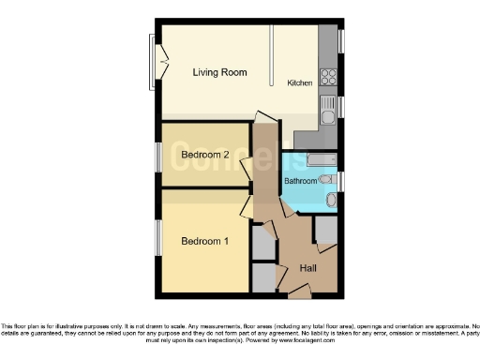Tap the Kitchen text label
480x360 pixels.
click(299, 83)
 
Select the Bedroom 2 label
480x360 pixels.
click(206, 155)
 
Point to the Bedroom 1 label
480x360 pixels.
click(204, 240)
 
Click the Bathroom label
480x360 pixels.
click(301, 181)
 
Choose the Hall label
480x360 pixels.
click(307, 269)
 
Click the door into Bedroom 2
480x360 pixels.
click(246, 169)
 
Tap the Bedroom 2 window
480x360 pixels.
click(157, 155)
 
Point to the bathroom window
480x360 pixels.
click(340, 180)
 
